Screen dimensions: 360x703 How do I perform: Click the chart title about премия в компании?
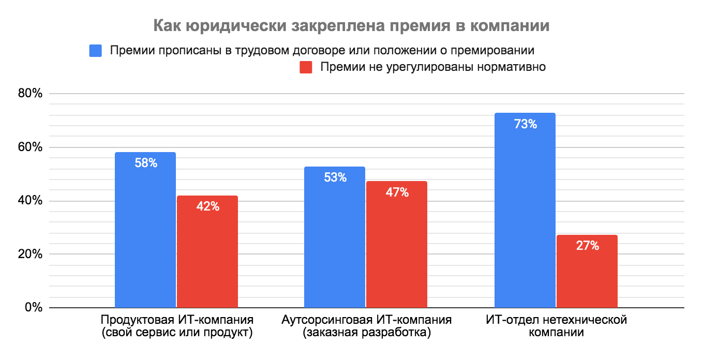pos(351,26)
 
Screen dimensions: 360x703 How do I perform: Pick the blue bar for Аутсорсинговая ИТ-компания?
pos(335,237)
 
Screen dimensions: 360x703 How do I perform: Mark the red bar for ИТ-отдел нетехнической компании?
pos(587,272)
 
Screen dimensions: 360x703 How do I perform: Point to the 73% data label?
pos(525,124)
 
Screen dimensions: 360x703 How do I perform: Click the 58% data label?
pos(145,163)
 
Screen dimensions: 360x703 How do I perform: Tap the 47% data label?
pos(397,192)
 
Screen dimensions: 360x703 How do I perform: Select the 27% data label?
pos(587,246)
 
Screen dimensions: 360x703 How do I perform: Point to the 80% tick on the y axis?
pos(29,94)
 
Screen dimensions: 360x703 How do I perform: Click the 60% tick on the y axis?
pos(29,147)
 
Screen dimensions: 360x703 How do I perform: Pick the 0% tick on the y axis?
pos(33,308)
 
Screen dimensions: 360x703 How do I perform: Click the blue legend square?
pos(95,51)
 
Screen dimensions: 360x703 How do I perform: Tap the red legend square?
pos(306,67)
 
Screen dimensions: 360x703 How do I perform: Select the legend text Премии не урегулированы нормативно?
pos(432,67)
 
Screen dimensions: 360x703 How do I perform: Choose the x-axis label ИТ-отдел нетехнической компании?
pos(556,326)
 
